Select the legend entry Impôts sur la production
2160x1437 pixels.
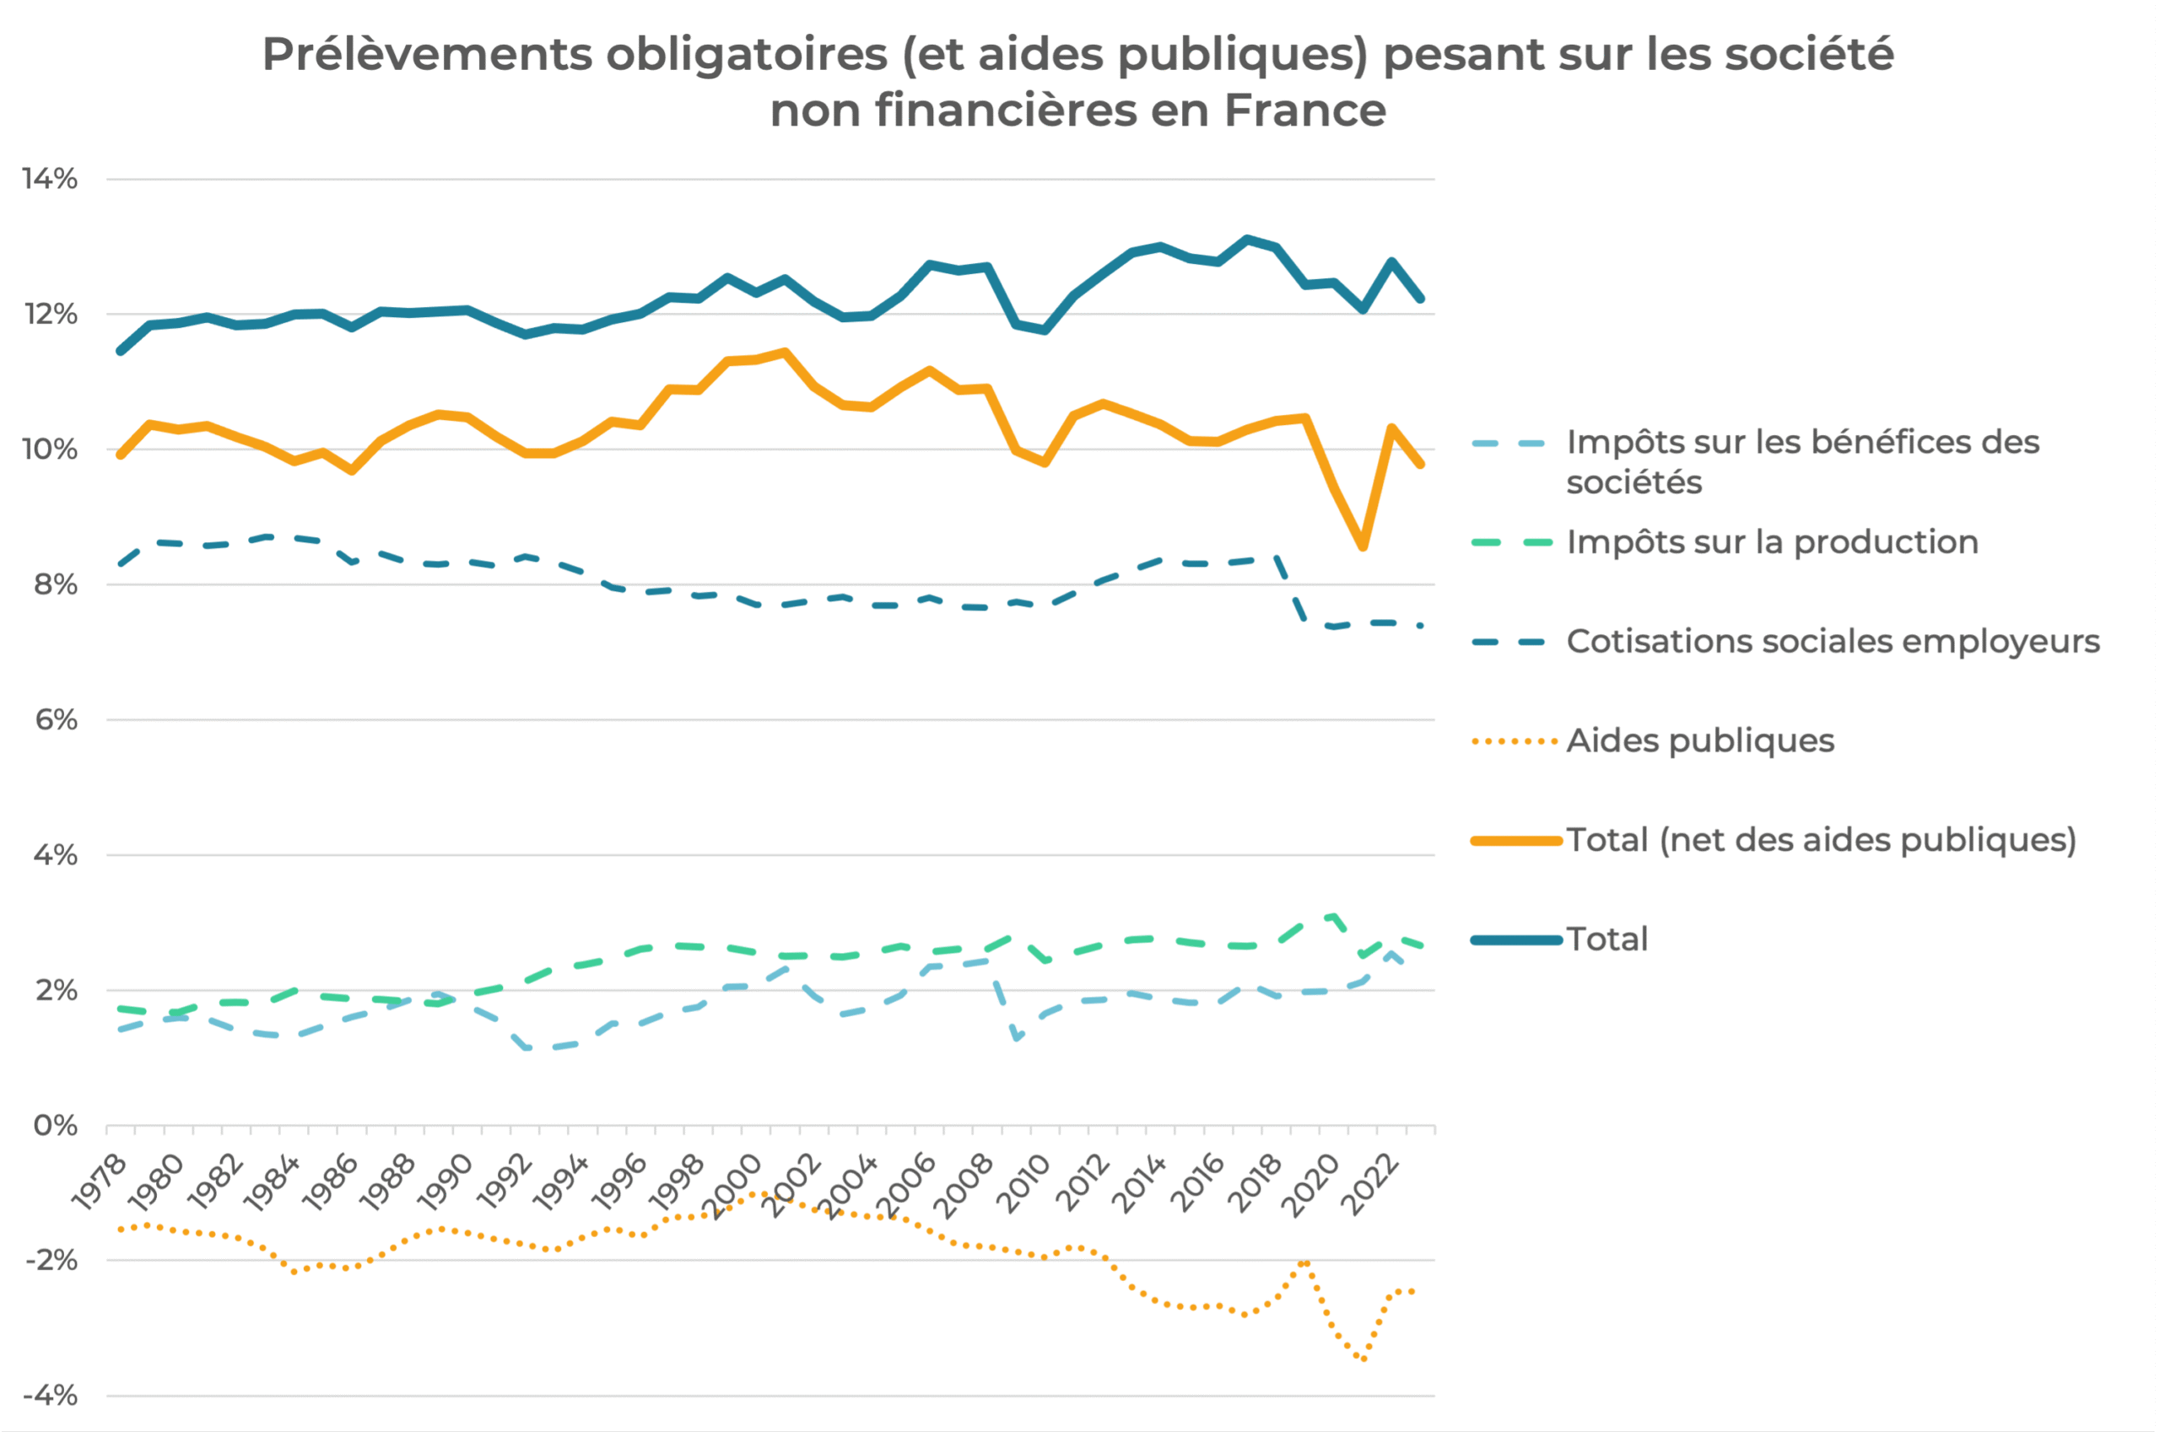(x=1771, y=542)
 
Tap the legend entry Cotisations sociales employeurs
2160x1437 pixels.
(x=1832, y=642)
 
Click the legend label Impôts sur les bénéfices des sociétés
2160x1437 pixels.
(x=1801, y=462)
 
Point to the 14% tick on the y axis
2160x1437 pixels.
(x=51, y=179)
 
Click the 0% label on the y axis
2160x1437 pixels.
(x=55, y=1126)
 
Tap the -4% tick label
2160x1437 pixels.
(x=51, y=1396)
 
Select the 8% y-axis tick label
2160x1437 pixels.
(x=55, y=584)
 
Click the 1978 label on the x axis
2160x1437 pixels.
(x=99, y=1182)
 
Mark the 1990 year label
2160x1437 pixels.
(x=445, y=1182)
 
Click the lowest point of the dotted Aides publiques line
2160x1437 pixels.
(x=1364, y=1359)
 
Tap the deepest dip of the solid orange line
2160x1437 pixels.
(x=1363, y=546)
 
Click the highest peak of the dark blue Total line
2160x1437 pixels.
(x=1247, y=239)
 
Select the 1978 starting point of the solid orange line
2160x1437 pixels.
(x=120, y=455)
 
